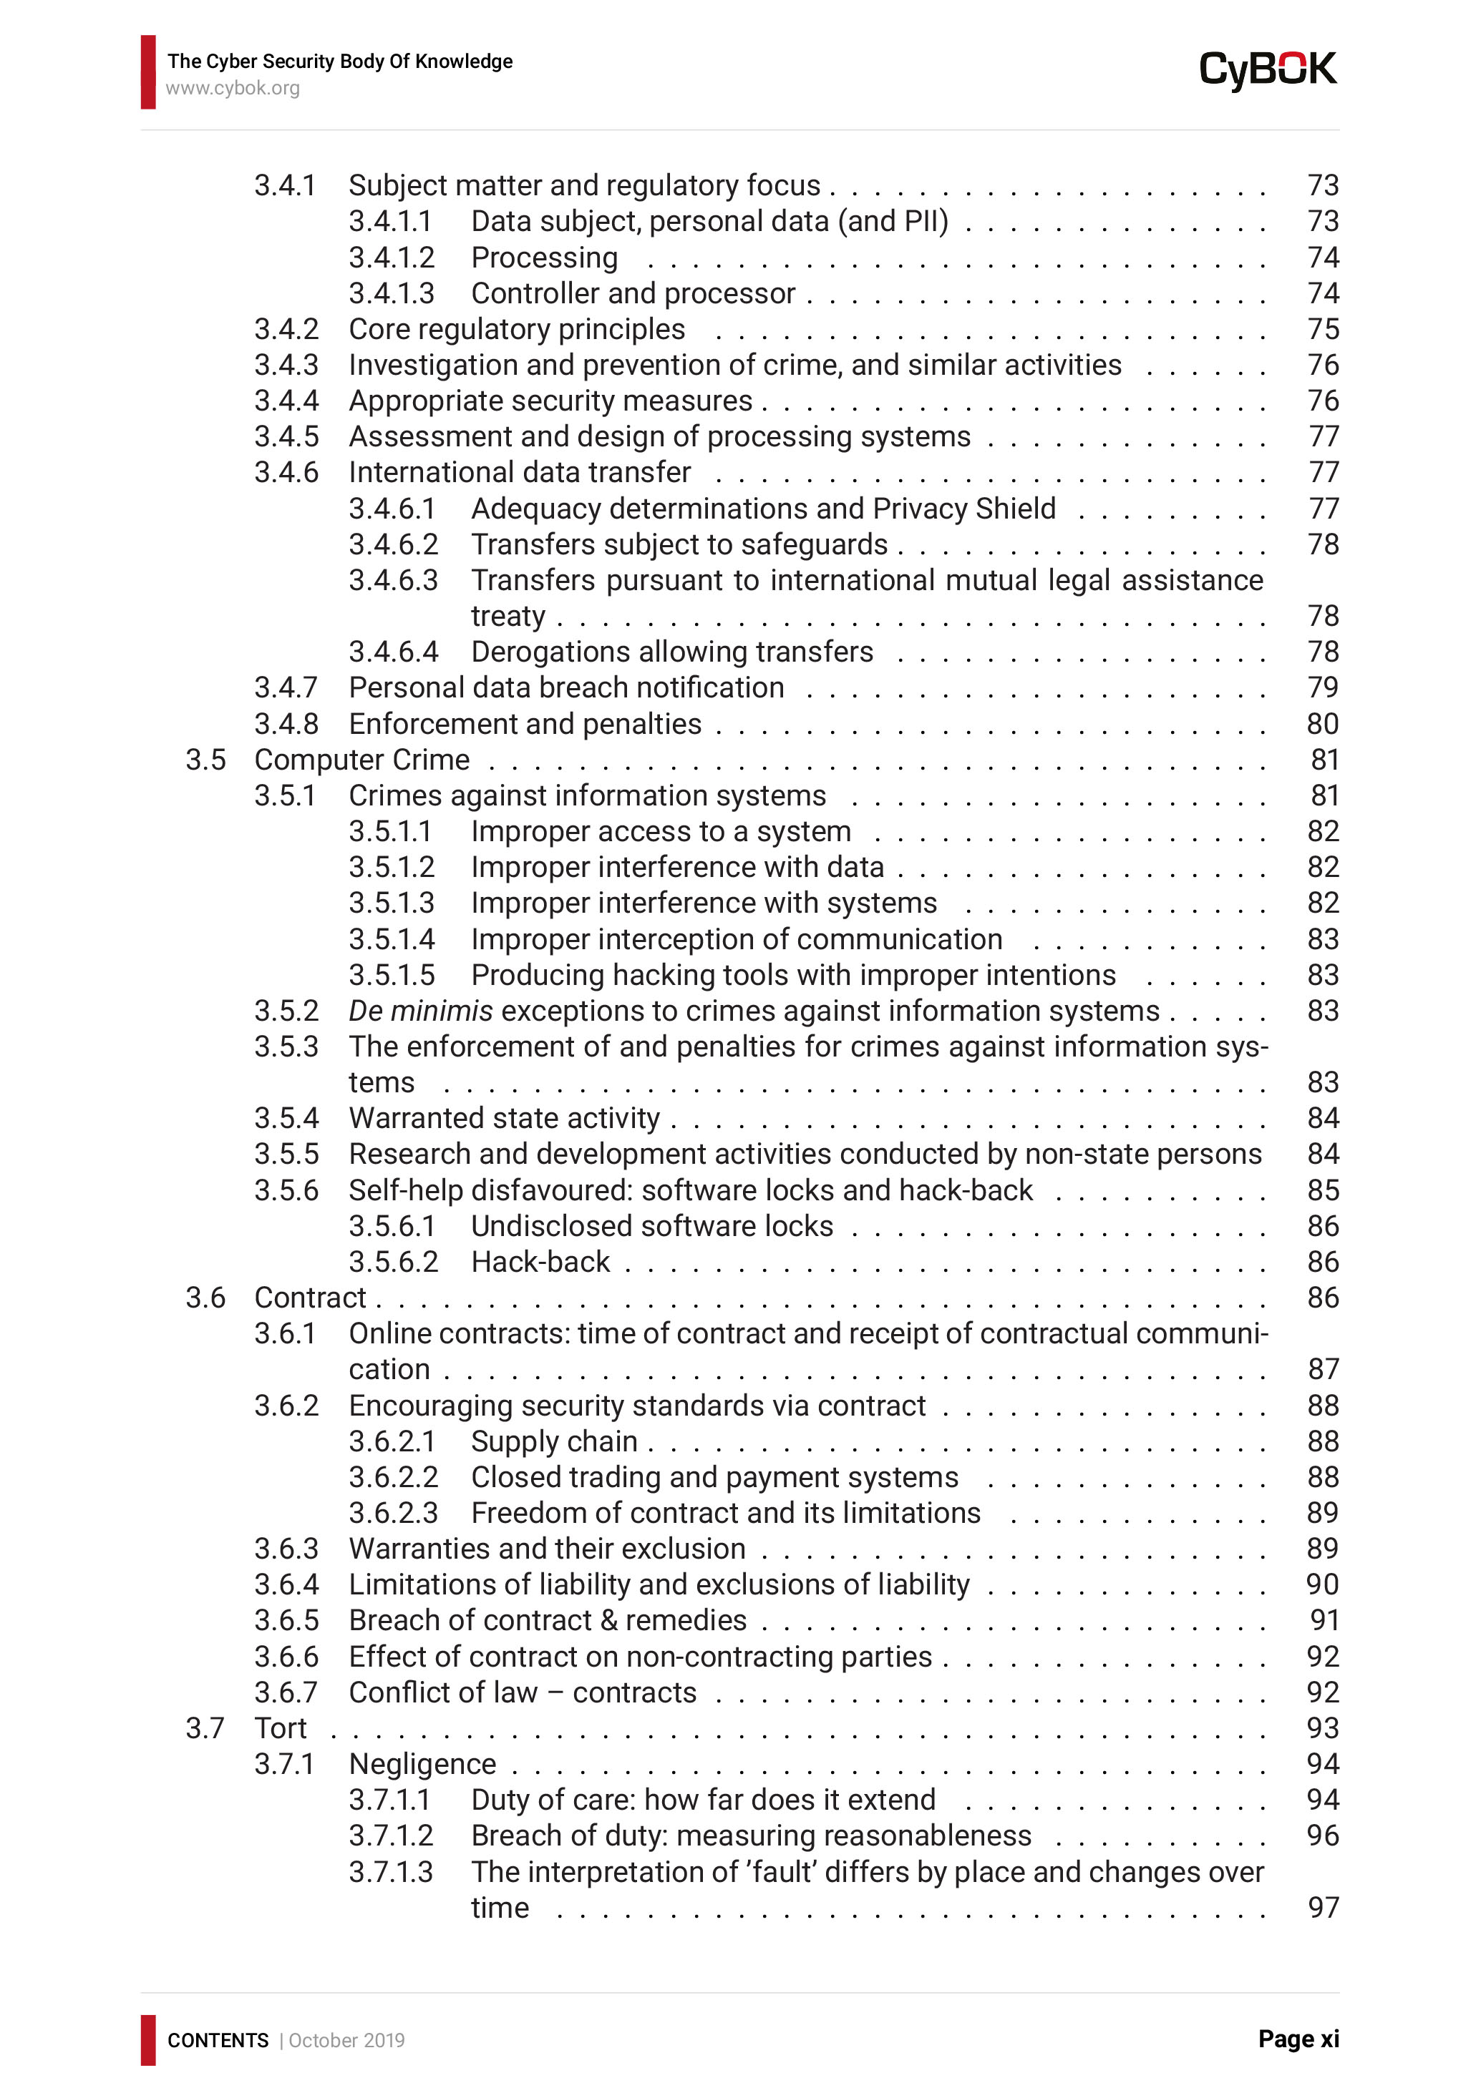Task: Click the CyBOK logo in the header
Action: point(1267,70)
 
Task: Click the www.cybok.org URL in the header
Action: point(233,89)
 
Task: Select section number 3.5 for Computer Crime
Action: point(205,760)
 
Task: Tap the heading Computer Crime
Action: point(362,760)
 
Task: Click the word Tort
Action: point(280,1727)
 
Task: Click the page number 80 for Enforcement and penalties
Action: point(1322,724)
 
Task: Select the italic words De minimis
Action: point(420,1010)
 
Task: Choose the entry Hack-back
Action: point(540,1262)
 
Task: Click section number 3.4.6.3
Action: point(393,580)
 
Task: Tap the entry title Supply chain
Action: point(553,1441)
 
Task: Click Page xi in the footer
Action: point(1298,2039)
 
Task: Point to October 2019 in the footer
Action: point(346,2040)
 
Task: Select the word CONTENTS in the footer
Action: point(218,2040)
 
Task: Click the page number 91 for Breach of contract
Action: point(1324,1620)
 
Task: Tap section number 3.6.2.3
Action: point(393,1512)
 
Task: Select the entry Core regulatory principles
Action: point(516,329)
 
